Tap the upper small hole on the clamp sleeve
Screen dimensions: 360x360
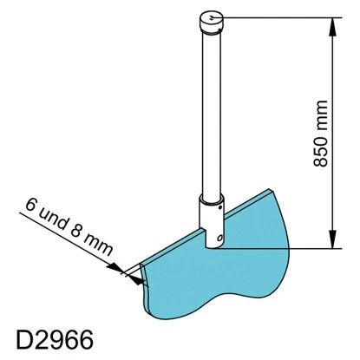click(x=220, y=206)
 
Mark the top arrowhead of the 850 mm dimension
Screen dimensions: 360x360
click(x=332, y=22)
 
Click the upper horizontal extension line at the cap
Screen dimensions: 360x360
click(x=278, y=15)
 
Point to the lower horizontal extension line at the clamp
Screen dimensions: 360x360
click(x=278, y=247)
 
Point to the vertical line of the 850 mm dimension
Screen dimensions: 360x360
click(x=332, y=130)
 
